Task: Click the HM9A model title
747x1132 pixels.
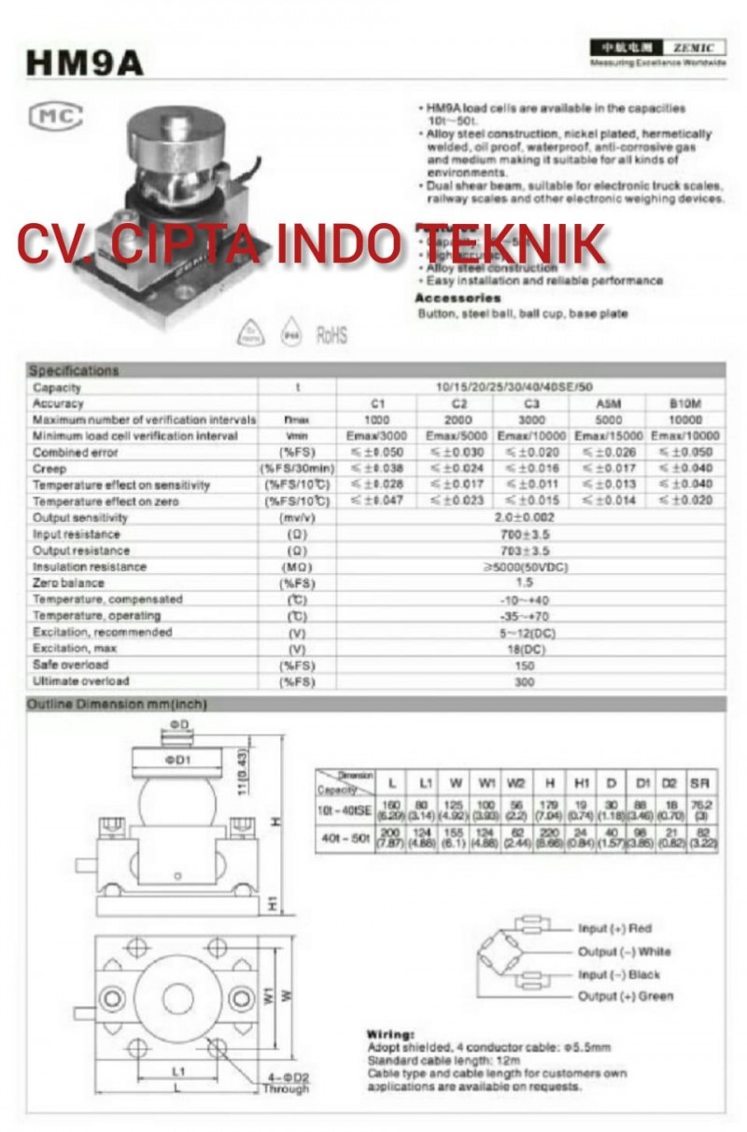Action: [85, 63]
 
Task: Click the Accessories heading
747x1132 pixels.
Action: [458, 298]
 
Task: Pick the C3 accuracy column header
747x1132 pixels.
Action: [530, 404]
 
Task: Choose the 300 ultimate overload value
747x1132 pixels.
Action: [525, 682]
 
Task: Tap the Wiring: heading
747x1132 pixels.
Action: [390, 1035]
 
